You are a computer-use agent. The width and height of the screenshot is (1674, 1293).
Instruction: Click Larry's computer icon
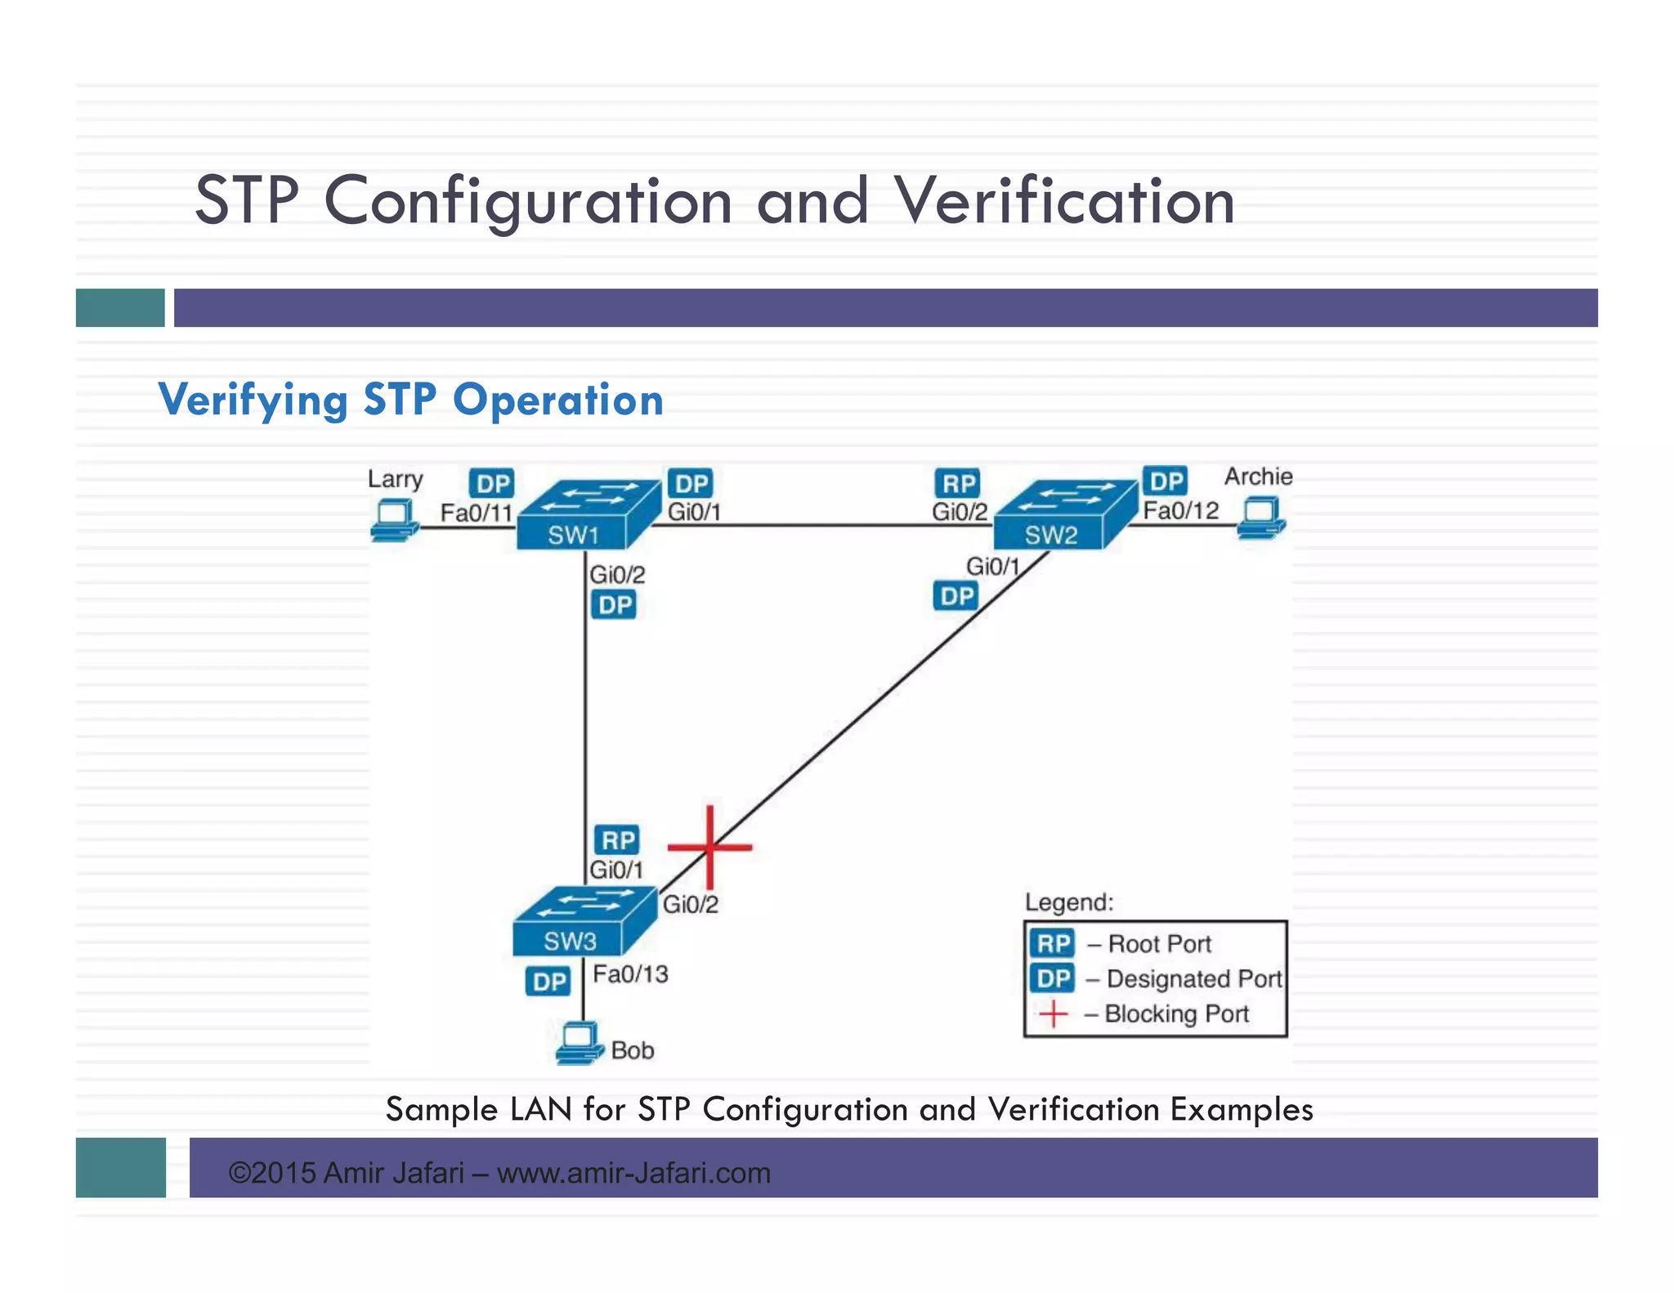395,520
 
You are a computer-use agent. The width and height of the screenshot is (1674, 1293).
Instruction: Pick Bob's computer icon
579,1043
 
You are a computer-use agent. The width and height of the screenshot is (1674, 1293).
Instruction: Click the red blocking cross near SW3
709,847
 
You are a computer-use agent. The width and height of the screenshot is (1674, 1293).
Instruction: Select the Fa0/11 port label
476,513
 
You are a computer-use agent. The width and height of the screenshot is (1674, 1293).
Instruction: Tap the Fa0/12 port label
1180,511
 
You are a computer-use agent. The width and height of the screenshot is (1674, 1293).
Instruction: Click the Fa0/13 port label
630,974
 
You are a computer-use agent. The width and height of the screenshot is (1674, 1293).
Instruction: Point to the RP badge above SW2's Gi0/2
958,484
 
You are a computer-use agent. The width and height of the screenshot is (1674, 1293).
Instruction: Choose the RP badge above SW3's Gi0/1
618,840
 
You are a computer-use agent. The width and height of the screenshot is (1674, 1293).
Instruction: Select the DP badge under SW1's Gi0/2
615,606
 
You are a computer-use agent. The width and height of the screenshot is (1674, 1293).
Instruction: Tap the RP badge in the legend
1053,944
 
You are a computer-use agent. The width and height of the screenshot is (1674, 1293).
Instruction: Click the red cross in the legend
1053,1014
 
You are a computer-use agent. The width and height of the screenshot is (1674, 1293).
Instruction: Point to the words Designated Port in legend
1193,979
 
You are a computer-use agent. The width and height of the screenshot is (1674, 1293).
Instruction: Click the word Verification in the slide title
1063,201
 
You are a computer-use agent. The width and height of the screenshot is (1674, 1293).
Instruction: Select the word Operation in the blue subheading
557,400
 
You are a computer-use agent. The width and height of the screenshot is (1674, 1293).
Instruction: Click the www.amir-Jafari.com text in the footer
633,1174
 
